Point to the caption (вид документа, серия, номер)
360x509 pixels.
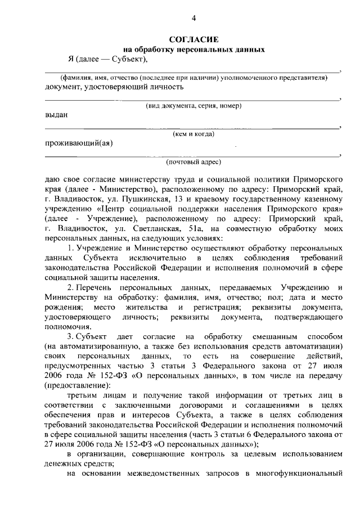(x=193, y=106)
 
